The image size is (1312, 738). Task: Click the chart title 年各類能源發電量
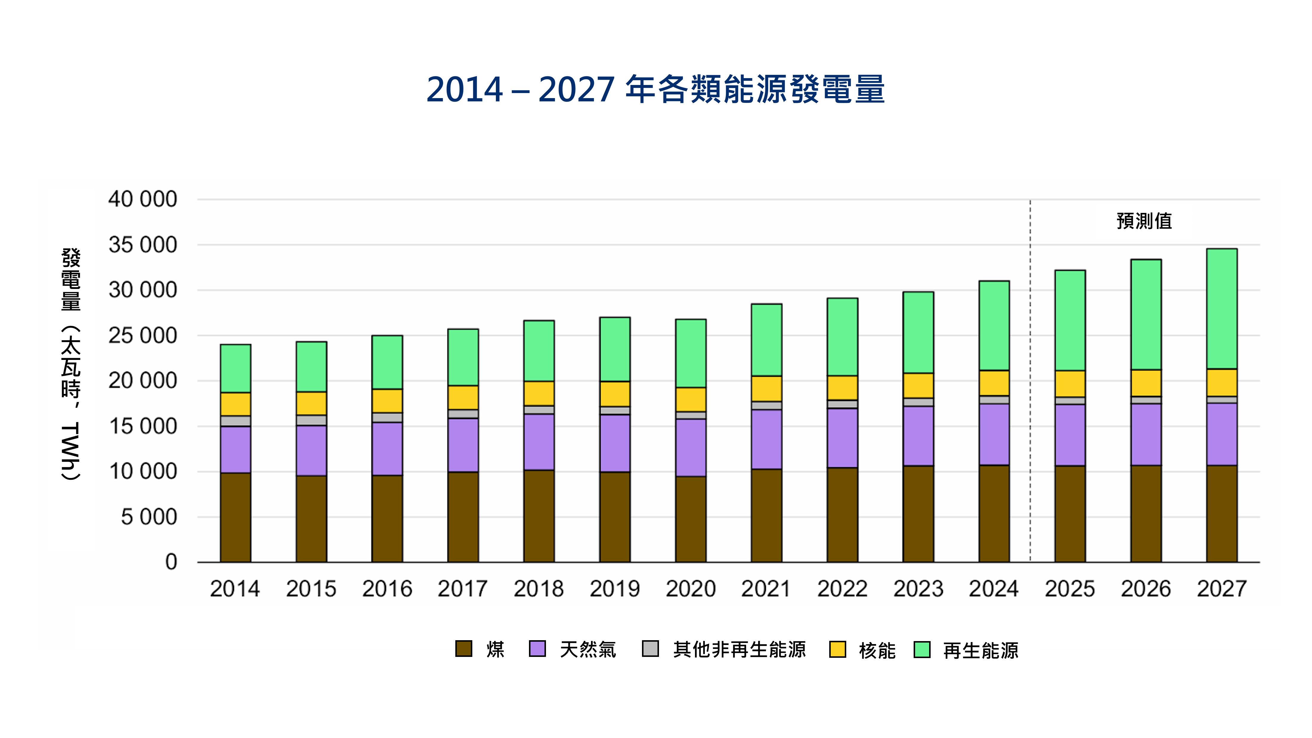[655, 90]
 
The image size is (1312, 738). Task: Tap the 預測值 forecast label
[1144, 221]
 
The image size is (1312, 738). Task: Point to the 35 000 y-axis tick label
[143, 245]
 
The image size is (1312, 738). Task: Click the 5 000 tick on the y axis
[149, 517]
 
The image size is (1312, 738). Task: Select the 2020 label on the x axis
[691, 589]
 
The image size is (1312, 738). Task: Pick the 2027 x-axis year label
[1221, 589]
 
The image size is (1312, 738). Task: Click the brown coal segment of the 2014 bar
[235, 517]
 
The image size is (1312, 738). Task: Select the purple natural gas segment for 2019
[615, 443]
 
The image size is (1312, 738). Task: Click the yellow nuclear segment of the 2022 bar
[842, 388]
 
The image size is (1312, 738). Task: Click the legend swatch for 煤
[463, 649]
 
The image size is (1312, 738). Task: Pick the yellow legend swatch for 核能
[837, 649]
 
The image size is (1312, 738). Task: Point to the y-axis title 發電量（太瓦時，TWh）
[71, 364]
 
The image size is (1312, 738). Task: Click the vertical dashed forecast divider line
[1030, 382]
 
